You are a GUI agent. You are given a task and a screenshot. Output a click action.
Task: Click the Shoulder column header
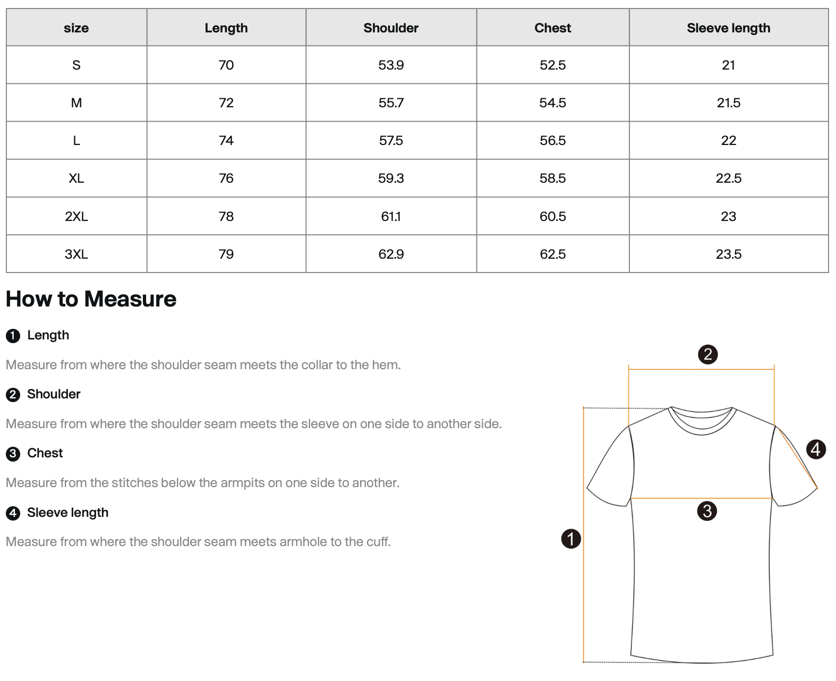coord(391,28)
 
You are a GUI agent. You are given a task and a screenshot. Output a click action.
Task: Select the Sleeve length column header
coord(728,28)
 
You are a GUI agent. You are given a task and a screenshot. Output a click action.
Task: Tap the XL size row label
coord(76,178)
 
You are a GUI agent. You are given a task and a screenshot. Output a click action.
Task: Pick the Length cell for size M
coord(226,103)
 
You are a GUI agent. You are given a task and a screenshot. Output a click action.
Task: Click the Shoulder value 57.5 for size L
coord(391,141)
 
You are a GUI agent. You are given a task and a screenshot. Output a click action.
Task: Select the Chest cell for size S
coord(552,65)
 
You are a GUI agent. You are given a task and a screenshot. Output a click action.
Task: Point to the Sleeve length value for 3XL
coord(728,254)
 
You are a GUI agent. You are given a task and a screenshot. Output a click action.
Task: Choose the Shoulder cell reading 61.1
coord(391,217)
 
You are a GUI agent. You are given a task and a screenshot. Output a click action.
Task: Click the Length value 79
coord(226,254)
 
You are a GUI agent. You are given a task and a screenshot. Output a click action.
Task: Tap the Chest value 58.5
coord(552,178)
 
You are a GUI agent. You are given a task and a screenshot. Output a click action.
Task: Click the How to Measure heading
coord(91,299)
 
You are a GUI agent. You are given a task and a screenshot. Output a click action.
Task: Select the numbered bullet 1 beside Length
coord(13,336)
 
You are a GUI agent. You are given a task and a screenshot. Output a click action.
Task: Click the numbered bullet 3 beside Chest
coord(13,454)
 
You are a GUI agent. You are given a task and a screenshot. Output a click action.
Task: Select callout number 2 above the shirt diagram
coord(707,354)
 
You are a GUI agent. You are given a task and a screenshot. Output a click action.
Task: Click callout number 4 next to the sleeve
coord(816,449)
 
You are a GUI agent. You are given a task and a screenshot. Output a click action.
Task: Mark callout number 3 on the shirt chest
coord(707,511)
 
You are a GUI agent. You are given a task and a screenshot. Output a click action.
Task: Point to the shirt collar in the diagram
coord(702,420)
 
